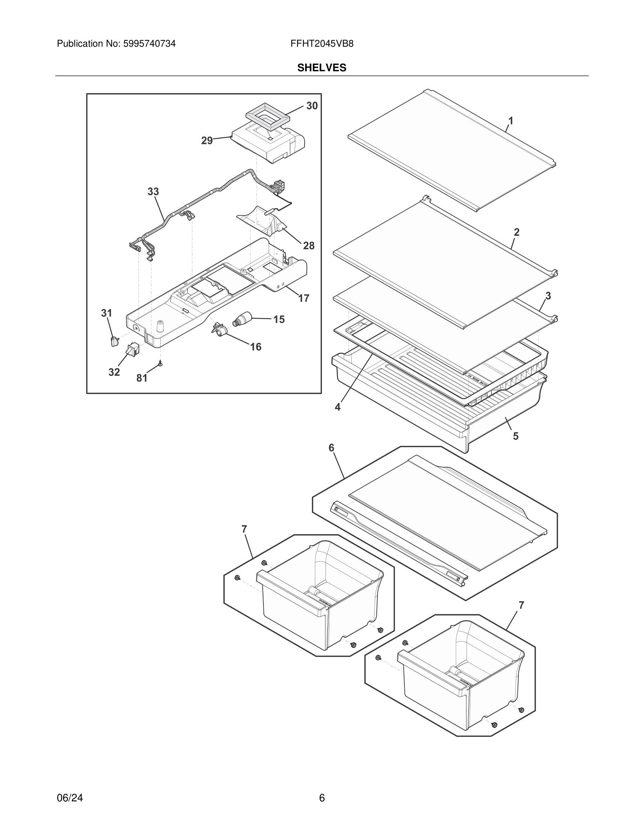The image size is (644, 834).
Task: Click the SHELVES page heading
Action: (x=322, y=68)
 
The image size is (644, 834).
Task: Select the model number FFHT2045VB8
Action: (x=322, y=44)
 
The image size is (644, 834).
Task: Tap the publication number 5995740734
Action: (x=149, y=44)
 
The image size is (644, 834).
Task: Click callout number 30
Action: (x=312, y=106)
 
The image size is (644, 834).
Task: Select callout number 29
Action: (x=207, y=141)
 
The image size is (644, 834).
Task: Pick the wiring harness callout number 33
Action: (x=153, y=192)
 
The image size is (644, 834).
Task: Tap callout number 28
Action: (x=309, y=246)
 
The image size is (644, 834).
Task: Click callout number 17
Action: (x=304, y=298)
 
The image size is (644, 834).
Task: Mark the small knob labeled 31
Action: (x=113, y=342)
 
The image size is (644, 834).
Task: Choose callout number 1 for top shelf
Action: (x=510, y=121)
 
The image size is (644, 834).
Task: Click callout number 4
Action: (x=338, y=407)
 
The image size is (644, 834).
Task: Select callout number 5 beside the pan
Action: (x=515, y=436)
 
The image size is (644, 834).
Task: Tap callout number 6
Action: (x=331, y=448)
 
